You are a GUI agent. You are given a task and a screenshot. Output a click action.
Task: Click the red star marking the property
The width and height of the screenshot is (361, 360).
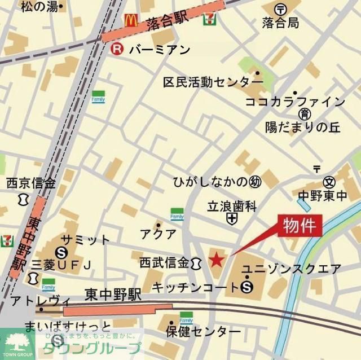pos(217,260)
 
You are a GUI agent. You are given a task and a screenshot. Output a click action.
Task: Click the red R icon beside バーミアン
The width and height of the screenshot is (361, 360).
pos(117,49)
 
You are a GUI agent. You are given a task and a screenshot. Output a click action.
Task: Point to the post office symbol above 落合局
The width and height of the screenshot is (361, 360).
pos(280,9)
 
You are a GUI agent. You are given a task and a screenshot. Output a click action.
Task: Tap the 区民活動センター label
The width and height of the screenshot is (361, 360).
pos(205,82)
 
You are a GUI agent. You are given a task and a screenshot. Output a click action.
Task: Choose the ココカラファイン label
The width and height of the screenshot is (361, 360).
pos(294,102)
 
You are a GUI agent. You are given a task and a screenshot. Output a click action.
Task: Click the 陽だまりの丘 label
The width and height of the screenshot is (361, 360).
pos(303,127)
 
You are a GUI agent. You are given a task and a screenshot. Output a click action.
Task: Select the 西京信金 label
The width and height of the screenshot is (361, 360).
pos(31,183)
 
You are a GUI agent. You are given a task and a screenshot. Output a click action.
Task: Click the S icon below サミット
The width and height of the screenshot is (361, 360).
pos(63,252)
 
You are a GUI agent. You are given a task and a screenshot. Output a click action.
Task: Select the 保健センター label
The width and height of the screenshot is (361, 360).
pos(203,331)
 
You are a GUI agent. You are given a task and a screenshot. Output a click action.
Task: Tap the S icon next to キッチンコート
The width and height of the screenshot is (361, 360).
pos(246,288)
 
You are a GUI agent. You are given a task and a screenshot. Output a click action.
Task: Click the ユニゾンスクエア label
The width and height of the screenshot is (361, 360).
pos(292,269)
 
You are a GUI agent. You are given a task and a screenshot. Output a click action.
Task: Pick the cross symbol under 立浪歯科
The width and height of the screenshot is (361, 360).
pos(231,218)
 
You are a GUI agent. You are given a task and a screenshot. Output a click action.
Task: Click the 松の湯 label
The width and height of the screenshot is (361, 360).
pos(39,7)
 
